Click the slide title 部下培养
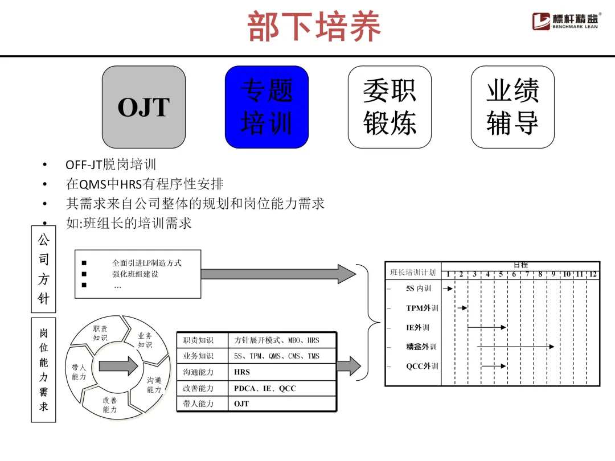[x=314, y=27]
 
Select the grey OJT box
[x=143, y=107]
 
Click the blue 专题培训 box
[x=266, y=107]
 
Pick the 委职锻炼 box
[x=389, y=107]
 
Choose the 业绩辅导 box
[x=512, y=107]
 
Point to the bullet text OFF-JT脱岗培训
[x=111, y=165]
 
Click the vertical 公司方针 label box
[x=44, y=269]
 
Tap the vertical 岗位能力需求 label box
[x=44, y=370]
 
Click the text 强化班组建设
[x=136, y=274]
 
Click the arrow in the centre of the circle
[x=118, y=365]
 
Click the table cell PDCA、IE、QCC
[x=265, y=388]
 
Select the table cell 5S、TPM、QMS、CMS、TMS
[x=277, y=356]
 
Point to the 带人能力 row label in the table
[x=198, y=404]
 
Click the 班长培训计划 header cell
[x=413, y=273]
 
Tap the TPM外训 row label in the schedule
[x=422, y=308]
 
